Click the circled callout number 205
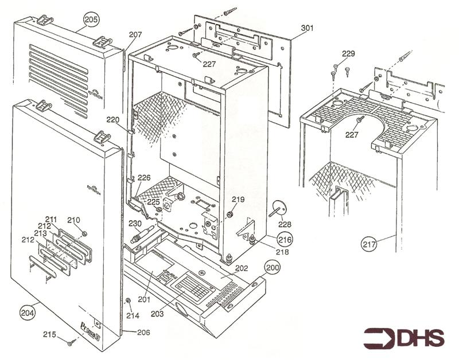pyautogui.click(x=91, y=19)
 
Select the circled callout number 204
pyautogui.click(x=27, y=312)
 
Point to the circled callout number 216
pyautogui.click(x=285, y=238)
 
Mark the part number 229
pyautogui.click(x=349, y=54)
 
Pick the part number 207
pyautogui.click(x=135, y=35)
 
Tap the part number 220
pyautogui.click(x=113, y=120)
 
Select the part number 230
pyautogui.click(x=135, y=224)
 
